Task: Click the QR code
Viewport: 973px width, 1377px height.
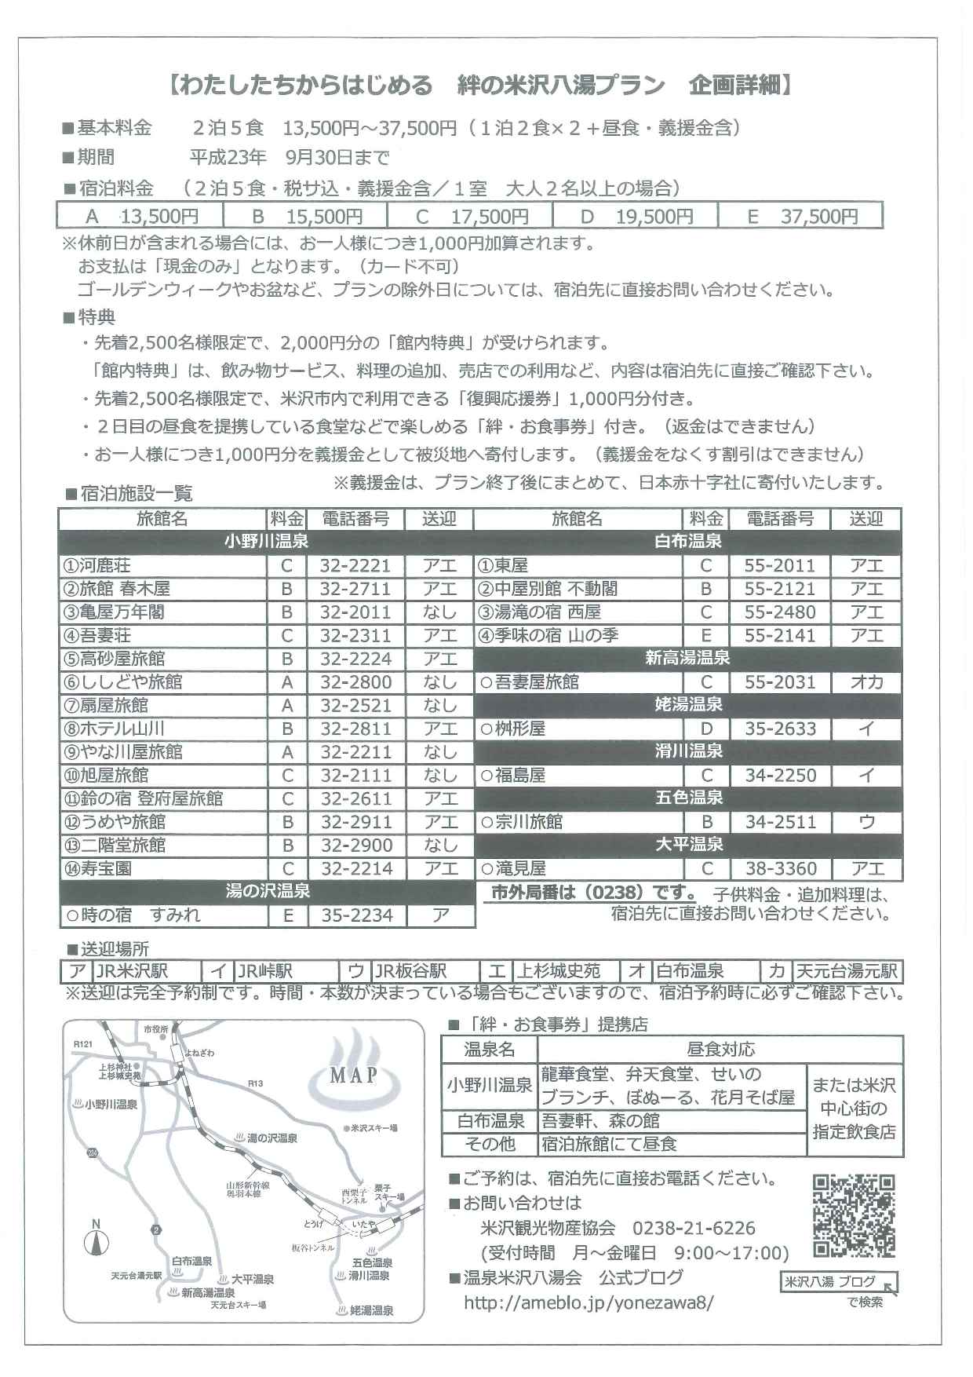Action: pos(853,1216)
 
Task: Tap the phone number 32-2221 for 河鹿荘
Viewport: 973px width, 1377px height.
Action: pos(355,565)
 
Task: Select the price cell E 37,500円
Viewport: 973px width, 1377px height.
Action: pos(800,216)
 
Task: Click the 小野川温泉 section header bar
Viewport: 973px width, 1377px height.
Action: pos(266,542)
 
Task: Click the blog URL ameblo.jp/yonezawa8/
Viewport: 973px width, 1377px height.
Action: pos(589,1302)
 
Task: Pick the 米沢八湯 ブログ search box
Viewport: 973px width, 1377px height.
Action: pos(837,1282)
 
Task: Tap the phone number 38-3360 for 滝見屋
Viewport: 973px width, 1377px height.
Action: pos(780,869)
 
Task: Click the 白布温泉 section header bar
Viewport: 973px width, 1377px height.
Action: pos(688,542)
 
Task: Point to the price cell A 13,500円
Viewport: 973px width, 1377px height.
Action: pos(140,216)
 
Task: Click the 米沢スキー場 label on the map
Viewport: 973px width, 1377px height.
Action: pos(372,1128)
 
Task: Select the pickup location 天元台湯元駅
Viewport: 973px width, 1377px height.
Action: pos(847,972)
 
